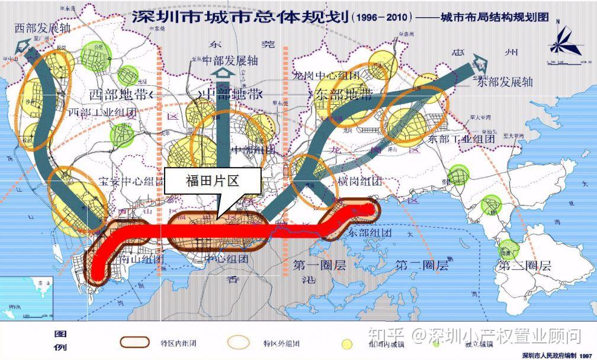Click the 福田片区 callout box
[x=212, y=181]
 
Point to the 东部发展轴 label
[x=505, y=82]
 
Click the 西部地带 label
[x=118, y=94]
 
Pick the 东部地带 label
[x=344, y=94]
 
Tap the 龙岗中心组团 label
[x=326, y=76]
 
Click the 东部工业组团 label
[x=461, y=139]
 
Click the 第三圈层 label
[x=525, y=266]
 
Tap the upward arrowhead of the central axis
[x=223, y=73]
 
